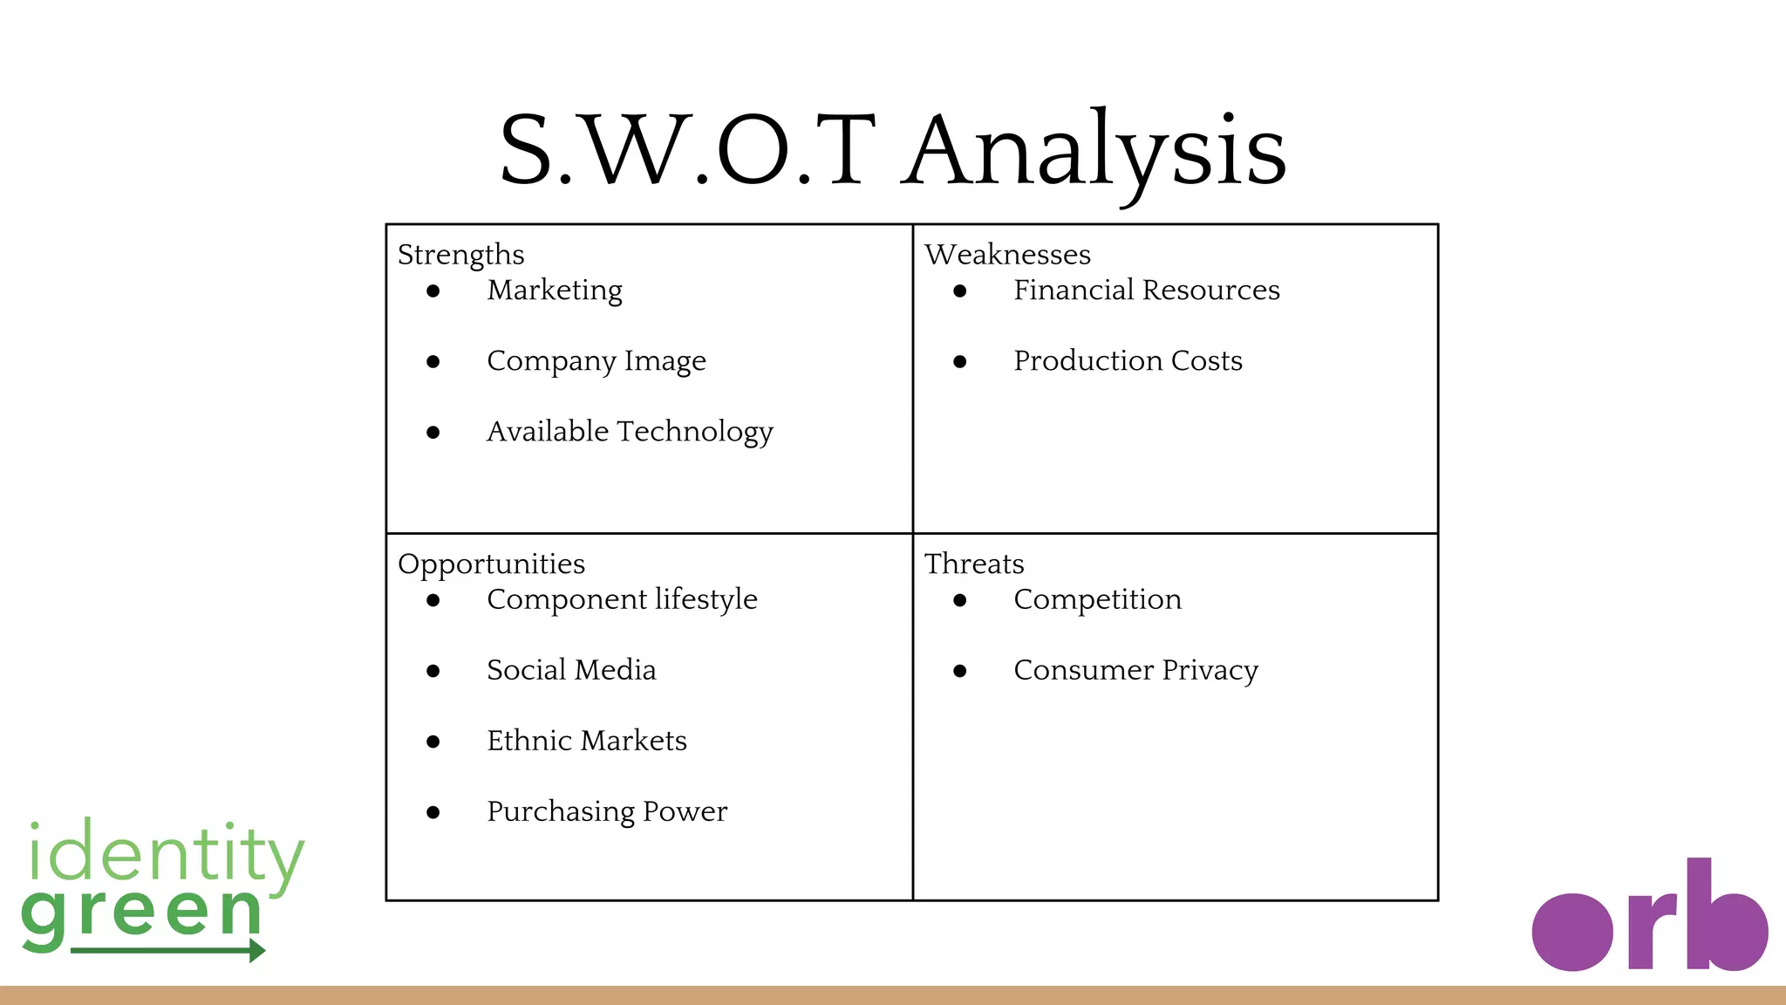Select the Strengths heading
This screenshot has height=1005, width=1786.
coord(460,255)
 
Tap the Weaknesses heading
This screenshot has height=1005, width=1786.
coord(1007,255)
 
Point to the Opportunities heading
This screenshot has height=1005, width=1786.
coord(491,564)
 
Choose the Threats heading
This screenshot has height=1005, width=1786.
coord(974,564)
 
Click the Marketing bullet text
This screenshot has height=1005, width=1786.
coord(555,291)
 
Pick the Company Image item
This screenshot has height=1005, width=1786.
coord(596,361)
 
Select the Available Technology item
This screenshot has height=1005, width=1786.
coord(630,432)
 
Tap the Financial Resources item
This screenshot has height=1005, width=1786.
coord(1147,291)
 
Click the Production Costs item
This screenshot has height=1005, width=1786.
coord(1128,361)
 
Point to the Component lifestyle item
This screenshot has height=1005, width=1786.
coord(622,600)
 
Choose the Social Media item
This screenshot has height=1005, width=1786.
coord(571,671)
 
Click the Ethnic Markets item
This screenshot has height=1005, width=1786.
coord(587,742)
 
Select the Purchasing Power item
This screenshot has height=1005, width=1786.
coord(607,812)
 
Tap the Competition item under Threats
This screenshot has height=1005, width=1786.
coord(1097,600)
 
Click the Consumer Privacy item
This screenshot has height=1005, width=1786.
coord(1135,671)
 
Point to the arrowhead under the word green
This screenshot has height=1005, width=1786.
coord(256,950)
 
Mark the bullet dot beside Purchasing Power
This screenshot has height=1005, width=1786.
coord(433,812)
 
